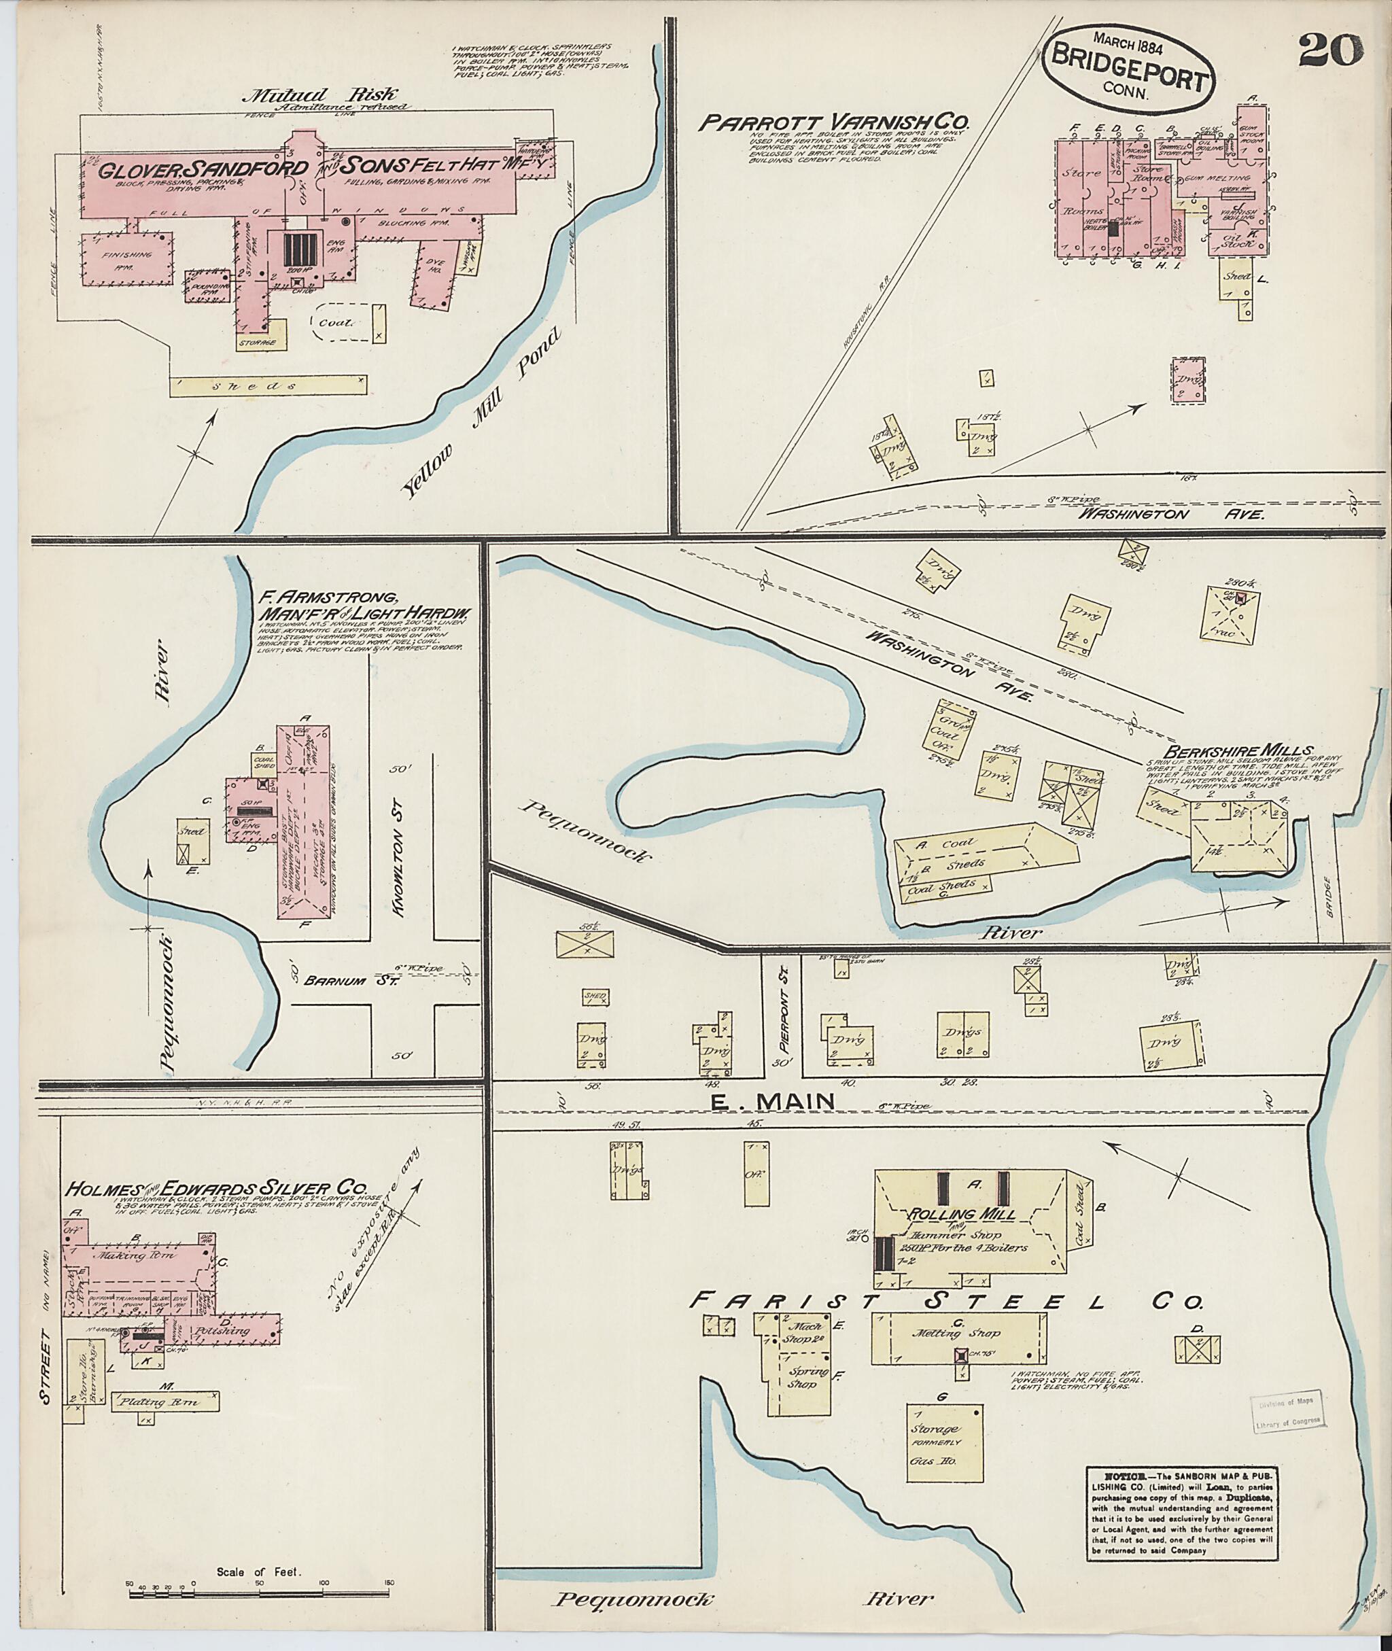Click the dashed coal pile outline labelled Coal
coord(344,322)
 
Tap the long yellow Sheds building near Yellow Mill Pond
coord(268,386)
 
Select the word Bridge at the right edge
coord(1328,897)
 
